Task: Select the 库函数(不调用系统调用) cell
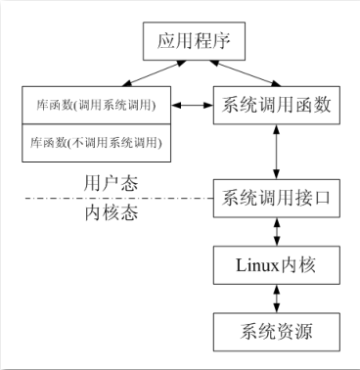94,143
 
